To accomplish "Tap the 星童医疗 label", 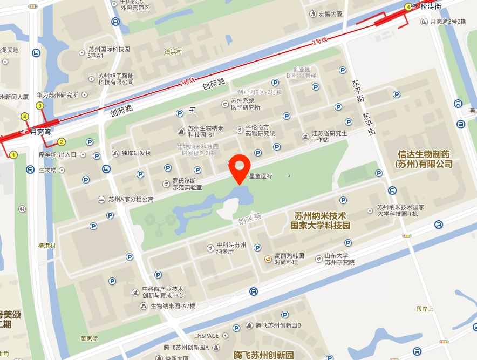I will coord(261,176).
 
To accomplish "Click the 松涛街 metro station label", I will coord(431,6).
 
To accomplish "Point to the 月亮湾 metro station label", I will coord(40,131).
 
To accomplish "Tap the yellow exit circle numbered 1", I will coord(14,155).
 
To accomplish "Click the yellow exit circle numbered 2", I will coord(62,142).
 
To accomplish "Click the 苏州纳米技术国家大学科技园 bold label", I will coord(321,220).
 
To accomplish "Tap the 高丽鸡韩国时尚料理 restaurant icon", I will coord(268,259).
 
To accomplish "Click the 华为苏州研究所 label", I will coord(58,95).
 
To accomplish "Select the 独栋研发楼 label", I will coord(136,153).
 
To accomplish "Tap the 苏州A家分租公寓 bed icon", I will coord(101,199).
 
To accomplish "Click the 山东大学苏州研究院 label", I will coord(339,259).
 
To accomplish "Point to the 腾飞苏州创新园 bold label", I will coord(263,355).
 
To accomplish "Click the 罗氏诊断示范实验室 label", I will coord(187,184).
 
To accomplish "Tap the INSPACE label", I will coord(207,336).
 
